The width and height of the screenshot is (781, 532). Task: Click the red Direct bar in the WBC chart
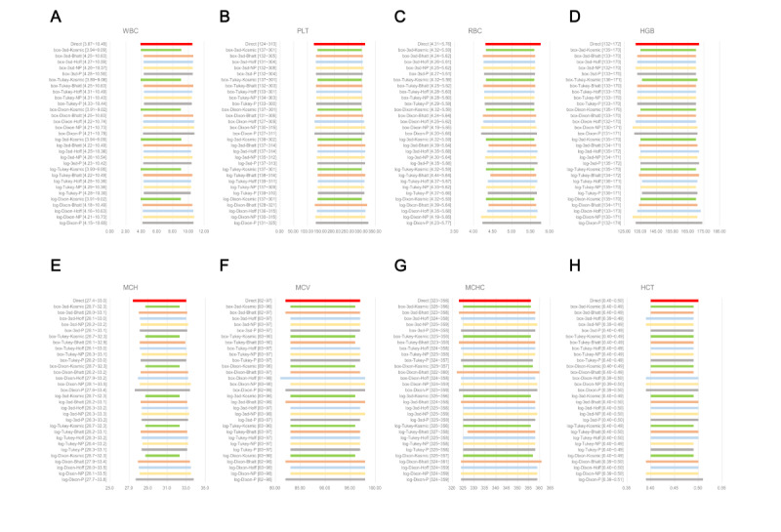coord(166,44)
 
